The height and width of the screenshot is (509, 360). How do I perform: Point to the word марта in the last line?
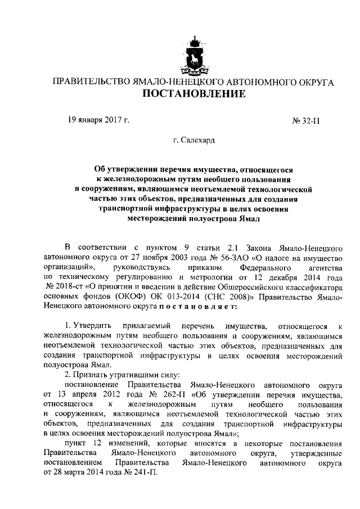(82, 473)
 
